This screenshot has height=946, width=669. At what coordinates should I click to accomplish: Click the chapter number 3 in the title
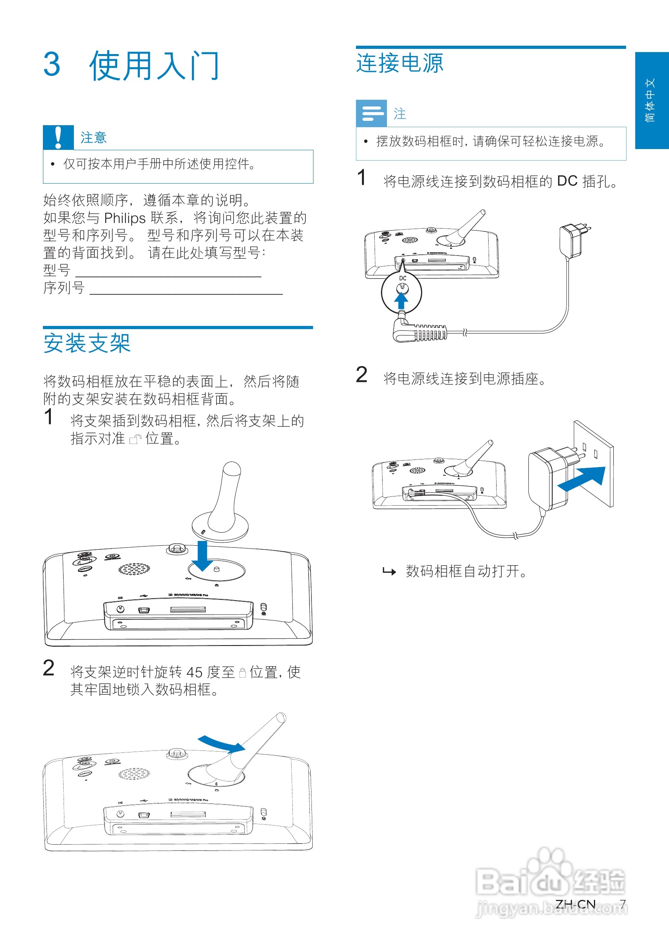(x=52, y=65)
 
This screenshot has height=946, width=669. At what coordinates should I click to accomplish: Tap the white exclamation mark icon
(x=58, y=137)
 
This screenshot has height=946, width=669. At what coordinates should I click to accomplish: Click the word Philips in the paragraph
(x=125, y=218)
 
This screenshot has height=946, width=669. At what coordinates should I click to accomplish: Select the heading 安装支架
(x=87, y=343)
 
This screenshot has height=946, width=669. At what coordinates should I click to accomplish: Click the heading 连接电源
(x=400, y=63)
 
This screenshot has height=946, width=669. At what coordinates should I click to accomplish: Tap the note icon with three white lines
(x=371, y=113)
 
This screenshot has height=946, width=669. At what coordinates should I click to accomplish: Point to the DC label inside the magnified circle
(x=402, y=278)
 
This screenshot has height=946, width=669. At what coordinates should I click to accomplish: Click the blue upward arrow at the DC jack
(x=401, y=300)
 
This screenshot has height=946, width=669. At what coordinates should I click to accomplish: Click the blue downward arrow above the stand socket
(x=202, y=556)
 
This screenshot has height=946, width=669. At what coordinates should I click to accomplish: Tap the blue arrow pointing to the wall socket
(x=582, y=479)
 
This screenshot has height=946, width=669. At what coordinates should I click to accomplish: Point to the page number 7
(x=623, y=904)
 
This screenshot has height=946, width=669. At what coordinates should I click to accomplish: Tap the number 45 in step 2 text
(x=194, y=672)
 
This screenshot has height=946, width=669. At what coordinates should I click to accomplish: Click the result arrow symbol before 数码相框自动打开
(x=389, y=571)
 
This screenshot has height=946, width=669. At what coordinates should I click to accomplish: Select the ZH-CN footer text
(x=575, y=904)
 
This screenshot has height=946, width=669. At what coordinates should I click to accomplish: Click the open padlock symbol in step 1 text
(x=135, y=439)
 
